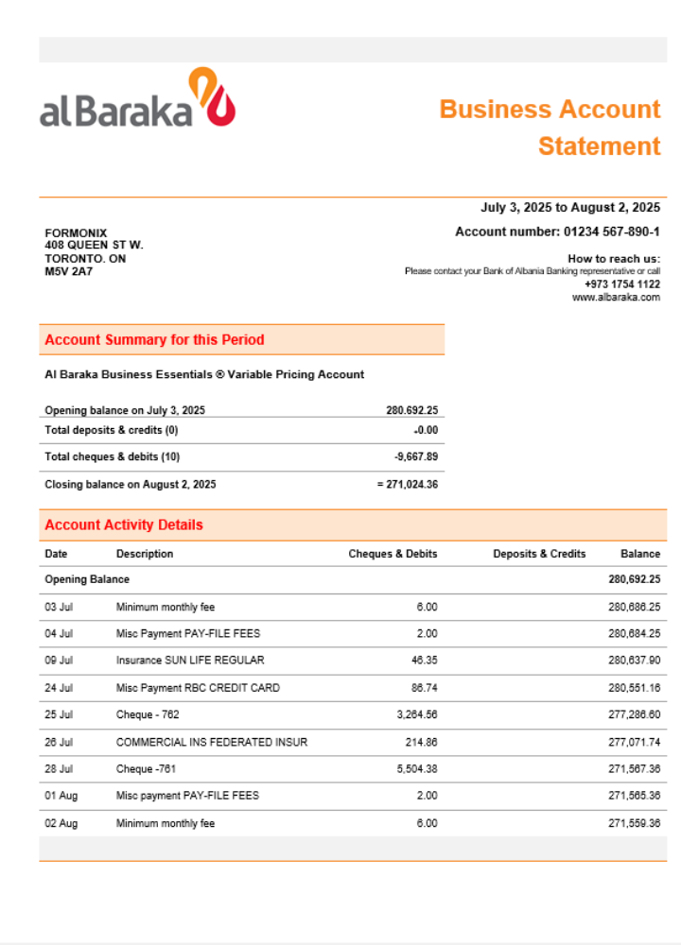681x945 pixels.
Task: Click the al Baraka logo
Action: (137, 99)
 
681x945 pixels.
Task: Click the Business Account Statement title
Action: (550, 128)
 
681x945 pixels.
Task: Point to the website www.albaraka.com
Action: (616, 298)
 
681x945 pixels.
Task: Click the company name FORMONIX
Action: (76, 233)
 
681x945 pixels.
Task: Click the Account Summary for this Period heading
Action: (154, 340)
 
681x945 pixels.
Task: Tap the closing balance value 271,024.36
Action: (410, 485)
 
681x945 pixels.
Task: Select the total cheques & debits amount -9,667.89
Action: (415, 457)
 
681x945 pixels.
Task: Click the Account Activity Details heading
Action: (124, 525)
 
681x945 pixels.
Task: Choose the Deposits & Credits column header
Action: (539, 554)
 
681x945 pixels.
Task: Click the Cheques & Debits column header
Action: (393, 554)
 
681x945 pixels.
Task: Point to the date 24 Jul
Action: (58, 688)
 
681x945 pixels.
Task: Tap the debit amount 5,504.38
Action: (417, 769)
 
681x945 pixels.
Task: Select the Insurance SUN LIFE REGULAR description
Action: (190, 661)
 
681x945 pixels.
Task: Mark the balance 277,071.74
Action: (634, 743)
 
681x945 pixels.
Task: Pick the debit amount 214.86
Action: (420, 743)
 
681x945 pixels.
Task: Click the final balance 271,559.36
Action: (634, 824)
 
